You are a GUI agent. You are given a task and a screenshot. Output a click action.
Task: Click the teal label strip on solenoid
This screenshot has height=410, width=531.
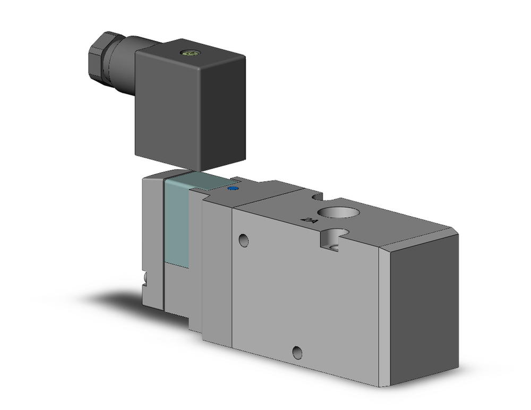177,223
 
